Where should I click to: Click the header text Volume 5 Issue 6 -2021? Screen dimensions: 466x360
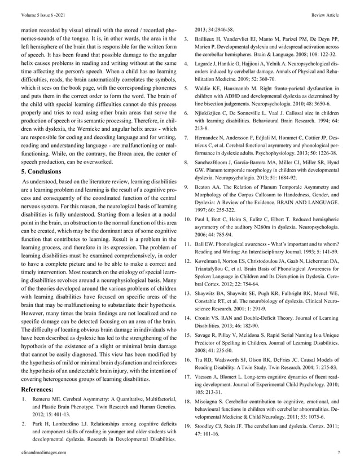coord(41,10)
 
